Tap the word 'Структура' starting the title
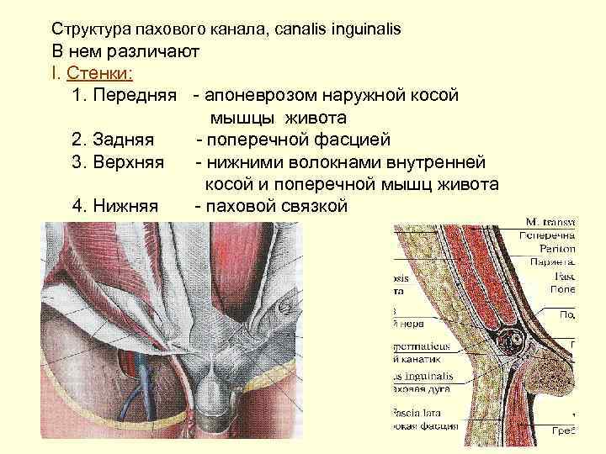pyautogui.click(x=88, y=29)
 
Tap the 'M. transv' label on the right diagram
pyautogui.click(x=550, y=222)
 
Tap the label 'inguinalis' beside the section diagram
pyautogui.click(x=420, y=374)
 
